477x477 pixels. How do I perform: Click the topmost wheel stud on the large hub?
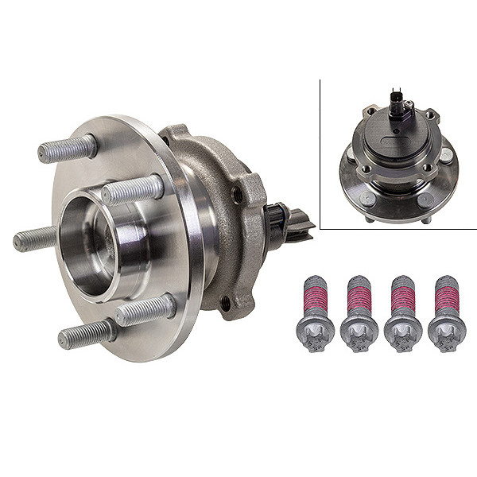[68, 149]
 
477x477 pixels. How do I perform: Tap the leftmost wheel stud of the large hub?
[34, 238]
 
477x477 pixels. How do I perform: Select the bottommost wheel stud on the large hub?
[83, 335]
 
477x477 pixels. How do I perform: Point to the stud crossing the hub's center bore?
[132, 190]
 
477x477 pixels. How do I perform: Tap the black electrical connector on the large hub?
[290, 222]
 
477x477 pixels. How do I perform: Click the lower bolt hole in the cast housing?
[225, 302]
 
